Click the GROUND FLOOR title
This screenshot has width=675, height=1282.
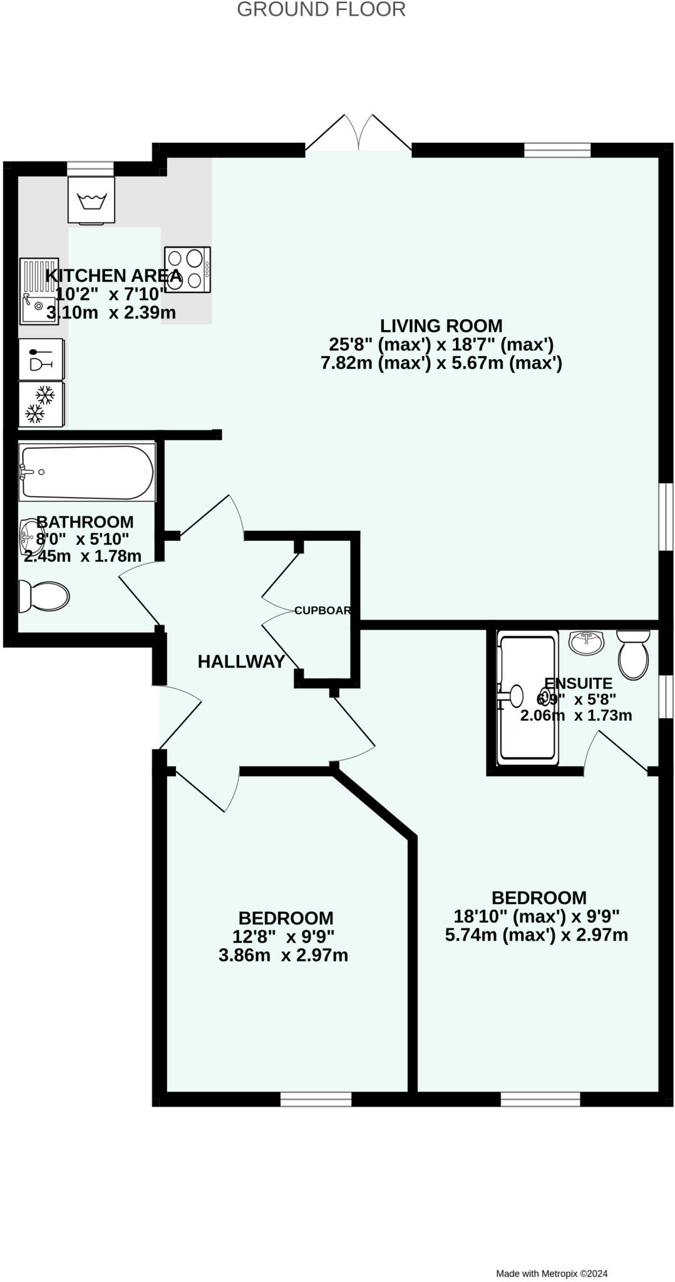click(321, 9)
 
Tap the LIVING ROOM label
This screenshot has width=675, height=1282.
click(441, 326)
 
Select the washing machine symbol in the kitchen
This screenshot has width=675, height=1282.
click(91, 200)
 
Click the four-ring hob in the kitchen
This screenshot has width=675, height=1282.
click(187, 269)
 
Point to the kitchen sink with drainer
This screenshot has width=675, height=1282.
click(39, 291)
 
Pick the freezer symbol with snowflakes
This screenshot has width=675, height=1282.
click(41, 404)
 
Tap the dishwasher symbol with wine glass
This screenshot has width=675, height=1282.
click(41, 359)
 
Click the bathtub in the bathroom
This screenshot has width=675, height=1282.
click(86, 472)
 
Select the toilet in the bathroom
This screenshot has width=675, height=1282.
click(43, 595)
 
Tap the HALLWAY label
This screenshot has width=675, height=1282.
click(241, 662)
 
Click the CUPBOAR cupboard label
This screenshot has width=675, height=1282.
click(322, 610)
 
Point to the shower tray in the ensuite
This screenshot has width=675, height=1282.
click(527, 700)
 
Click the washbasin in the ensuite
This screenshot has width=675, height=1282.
click(587, 641)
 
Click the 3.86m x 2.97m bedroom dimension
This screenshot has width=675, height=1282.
click(283, 955)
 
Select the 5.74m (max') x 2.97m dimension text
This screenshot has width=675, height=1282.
click(536, 935)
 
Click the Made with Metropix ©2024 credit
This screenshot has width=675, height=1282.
click(552, 1273)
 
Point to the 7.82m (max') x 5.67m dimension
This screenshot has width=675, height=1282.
click(441, 363)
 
